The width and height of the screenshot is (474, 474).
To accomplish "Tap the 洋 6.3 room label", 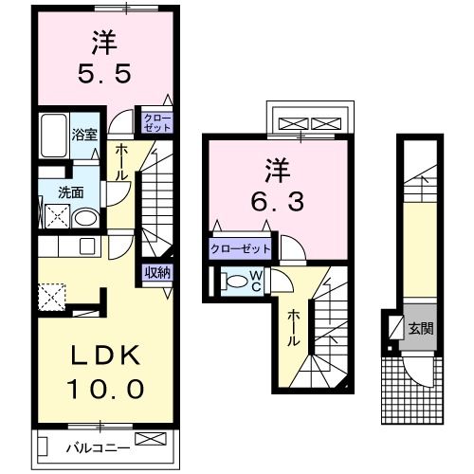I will pos(275,186).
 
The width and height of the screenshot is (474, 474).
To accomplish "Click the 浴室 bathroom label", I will pos(84,134).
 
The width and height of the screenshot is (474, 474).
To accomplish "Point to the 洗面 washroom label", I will pos(70,191).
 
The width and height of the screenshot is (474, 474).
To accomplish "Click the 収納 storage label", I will pos(157,273).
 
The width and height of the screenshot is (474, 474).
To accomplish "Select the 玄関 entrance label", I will pos(420,330).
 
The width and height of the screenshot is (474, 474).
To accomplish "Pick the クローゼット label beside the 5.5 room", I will pos(156,120).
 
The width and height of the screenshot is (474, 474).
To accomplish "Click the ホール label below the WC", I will pos(295,326).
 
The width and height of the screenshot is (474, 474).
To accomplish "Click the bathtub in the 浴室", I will pos(54,132).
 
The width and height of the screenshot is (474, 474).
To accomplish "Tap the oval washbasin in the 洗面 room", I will pos(84,218).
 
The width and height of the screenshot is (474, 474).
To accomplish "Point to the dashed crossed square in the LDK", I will pos(51,295).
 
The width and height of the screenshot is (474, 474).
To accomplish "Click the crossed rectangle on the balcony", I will pos(150,439).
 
